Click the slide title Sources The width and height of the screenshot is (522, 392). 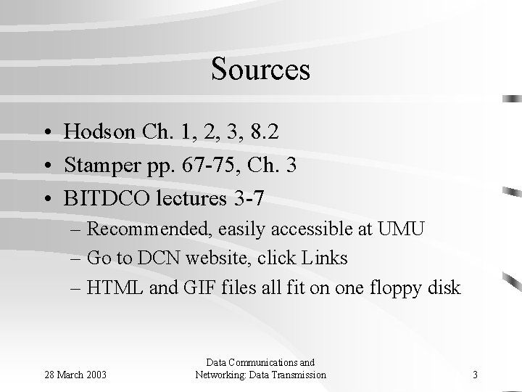tap(260, 70)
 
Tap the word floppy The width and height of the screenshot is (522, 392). tap(397, 288)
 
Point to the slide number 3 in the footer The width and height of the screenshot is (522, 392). tap(474, 375)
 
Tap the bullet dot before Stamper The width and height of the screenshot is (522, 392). tap(46, 166)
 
